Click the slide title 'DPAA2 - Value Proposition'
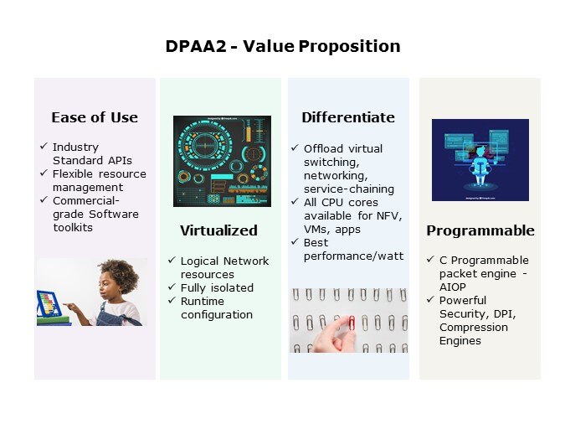(x=282, y=46)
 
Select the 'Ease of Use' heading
(x=95, y=117)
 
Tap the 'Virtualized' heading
(x=218, y=230)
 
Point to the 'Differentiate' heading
(x=348, y=117)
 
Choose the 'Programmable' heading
(x=480, y=230)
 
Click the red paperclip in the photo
(x=352, y=322)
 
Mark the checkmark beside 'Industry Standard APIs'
(x=44, y=147)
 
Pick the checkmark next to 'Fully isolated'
(x=172, y=287)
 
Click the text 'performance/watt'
(x=353, y=256)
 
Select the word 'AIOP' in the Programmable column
(x=454, y=287)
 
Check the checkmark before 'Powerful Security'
(x=431, y=300)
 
